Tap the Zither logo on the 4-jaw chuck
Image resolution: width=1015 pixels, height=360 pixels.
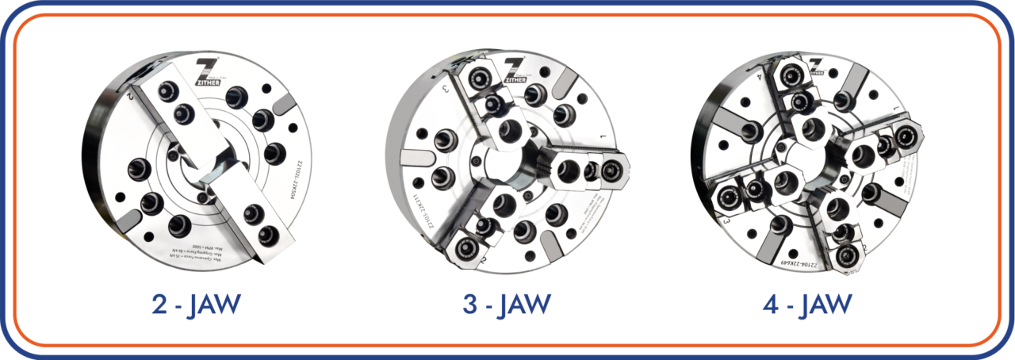pos(815,66)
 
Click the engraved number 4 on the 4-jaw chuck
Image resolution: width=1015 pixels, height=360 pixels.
pos(759,77)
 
